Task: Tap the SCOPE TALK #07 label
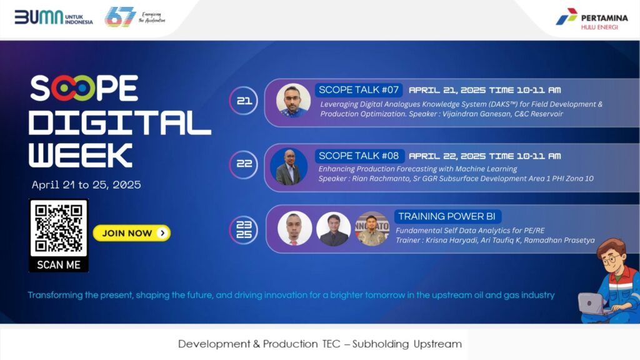pyautogui.click(x=359, y=90)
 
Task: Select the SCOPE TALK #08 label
pyautogui.click(x=359, y=156)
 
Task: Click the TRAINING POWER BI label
pyautogui.click(x=447, y=216)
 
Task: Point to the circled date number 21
pyautogui.click(x=244, y=101)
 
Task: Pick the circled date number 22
pyautogui.click(x=244, y=164)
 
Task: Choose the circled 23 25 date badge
pyautogui.click(x=244, y=229)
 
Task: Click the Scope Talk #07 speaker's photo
pyautogui.click(x=293, y=101)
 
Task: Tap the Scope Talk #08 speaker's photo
pyautogui.click(x=289, y=166)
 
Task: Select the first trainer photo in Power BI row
pyautogui.click(x=295, y=228)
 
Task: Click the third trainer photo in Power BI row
pyautogui.click(x=372, y=229)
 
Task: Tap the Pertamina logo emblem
pyautogui.click(x=566, y=17)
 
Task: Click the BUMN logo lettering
pyautogui.click(x=39, y=17)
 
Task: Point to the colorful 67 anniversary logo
pyautogui.click(x=120, y=17)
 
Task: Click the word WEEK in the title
pyautogui.click(x=81, y=155)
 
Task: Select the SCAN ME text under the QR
pyautogui.click(x=59, y=265)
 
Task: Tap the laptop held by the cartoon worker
pyautogui.click(x=592, y=304)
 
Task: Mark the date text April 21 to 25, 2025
pyautogui.click(x=86, y=185)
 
